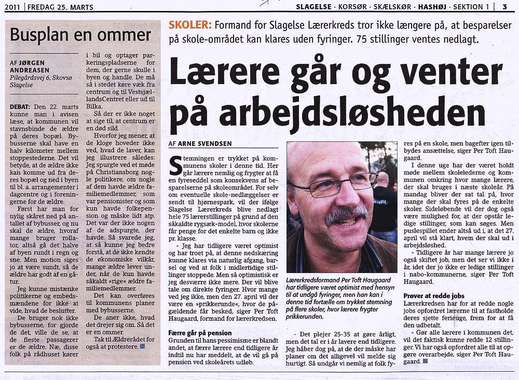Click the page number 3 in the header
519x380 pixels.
pos(504,6)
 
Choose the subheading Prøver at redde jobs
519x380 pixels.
pos(434,295)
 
